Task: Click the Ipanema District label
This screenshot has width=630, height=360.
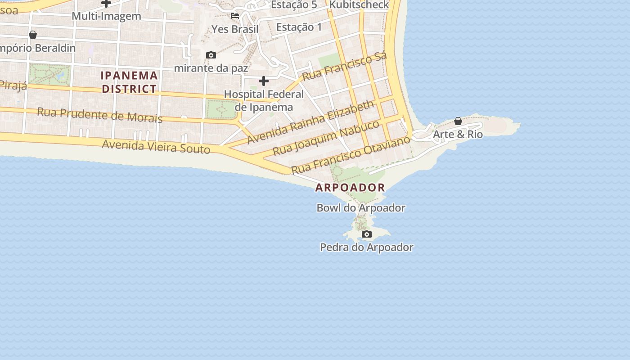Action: coord(129,82)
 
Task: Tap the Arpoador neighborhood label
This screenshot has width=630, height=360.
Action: coord(350,188)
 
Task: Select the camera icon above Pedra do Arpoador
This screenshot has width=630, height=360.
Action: coord(367,234)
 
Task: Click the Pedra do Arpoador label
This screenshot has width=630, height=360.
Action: coord(366,247)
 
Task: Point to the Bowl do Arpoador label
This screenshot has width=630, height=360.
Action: coord(361,208)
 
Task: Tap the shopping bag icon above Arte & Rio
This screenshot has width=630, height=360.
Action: coord(458,121)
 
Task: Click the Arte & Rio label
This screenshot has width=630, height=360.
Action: coord(458,134)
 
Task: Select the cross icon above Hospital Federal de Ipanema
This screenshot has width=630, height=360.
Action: coord(264,81)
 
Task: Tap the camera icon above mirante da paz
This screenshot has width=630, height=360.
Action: coord(211,55)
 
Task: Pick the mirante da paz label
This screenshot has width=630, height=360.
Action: coord(211,68)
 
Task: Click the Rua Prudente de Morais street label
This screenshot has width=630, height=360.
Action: coord(99,115)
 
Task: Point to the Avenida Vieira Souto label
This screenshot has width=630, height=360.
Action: coord(156,147)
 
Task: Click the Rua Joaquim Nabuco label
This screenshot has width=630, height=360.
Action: coord(326,138)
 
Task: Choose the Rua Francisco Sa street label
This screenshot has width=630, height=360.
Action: coord(344,67)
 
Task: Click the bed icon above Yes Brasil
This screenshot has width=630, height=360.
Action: coord(235,16)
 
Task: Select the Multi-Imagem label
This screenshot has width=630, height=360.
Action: coord(106,16)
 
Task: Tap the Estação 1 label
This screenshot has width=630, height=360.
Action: coord(299,27)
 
